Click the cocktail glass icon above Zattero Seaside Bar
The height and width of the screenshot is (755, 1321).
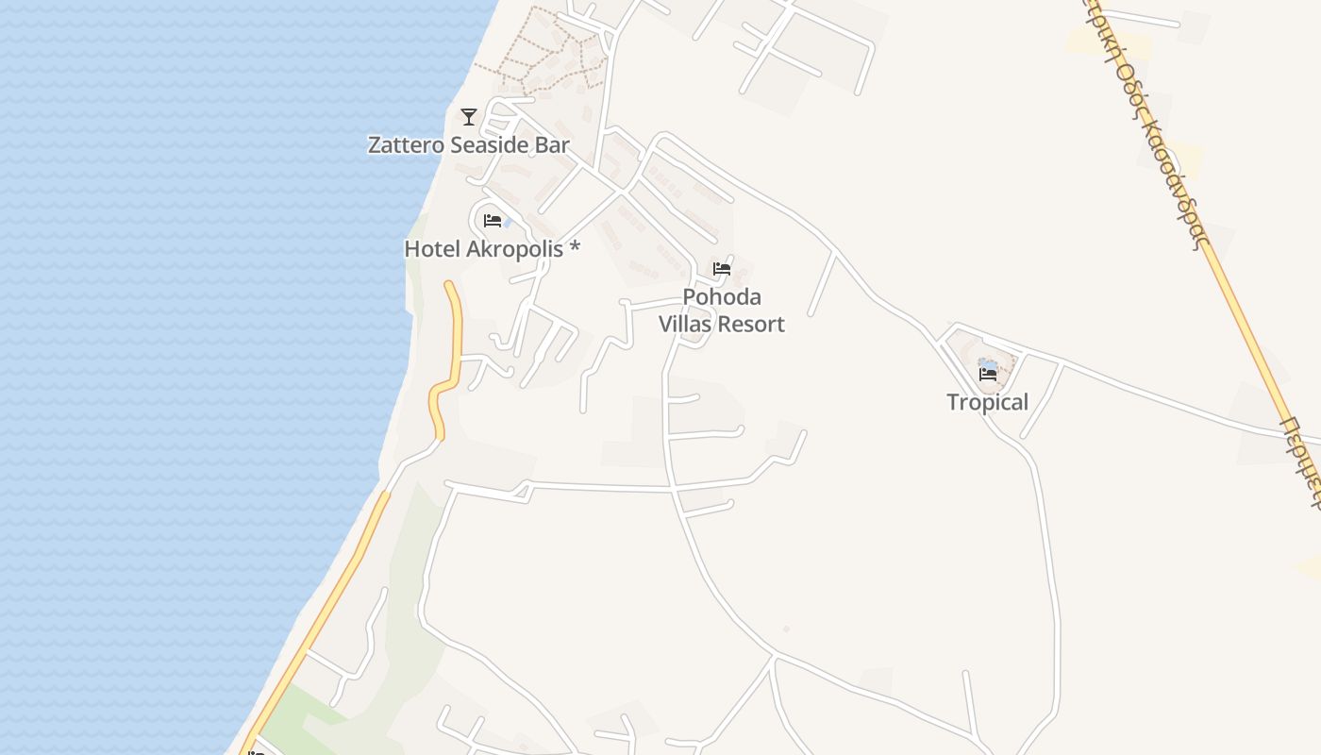469,117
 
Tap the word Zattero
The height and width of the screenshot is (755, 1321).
405,145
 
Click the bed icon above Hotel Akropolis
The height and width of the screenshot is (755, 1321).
492,221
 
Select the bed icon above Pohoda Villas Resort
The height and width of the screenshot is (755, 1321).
722,269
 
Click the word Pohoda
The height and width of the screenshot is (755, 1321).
722,297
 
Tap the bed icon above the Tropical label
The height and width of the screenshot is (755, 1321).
988,375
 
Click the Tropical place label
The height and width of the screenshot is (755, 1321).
987,402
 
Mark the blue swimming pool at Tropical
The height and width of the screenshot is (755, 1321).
987,363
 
